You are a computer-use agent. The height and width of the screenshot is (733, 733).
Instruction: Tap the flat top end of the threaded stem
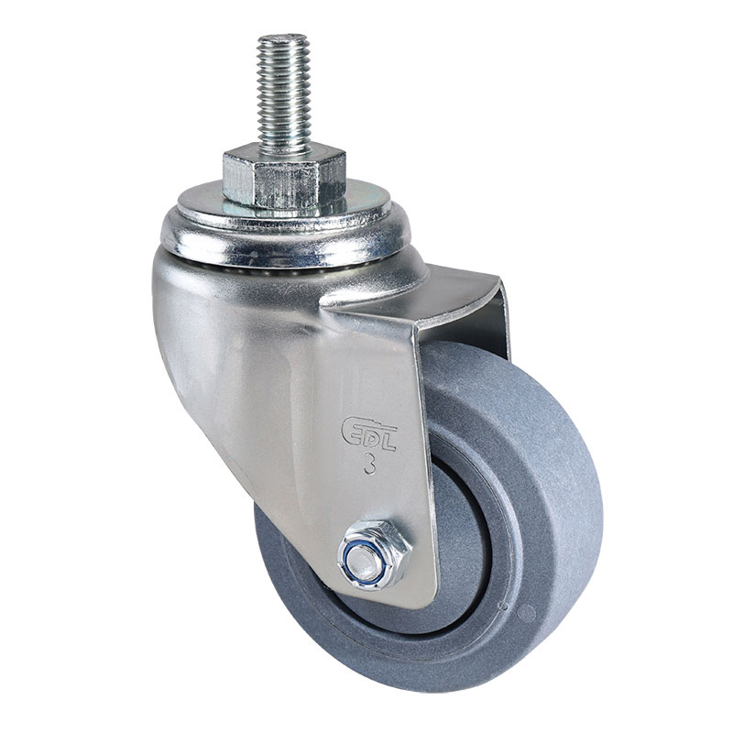coord(284,39)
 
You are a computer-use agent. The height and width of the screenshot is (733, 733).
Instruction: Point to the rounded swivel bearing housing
coord(293,238)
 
